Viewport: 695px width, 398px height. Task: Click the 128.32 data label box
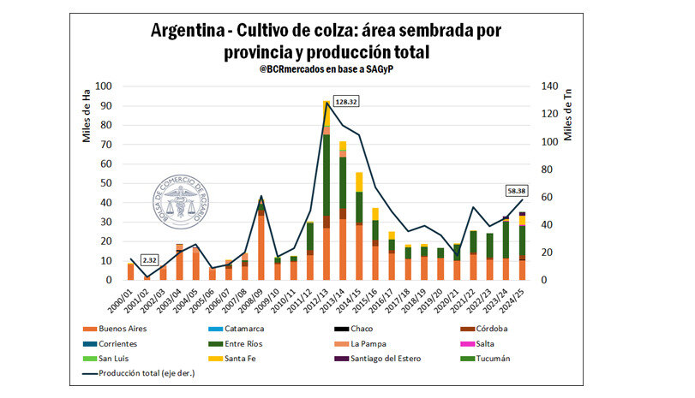tap(345, 101)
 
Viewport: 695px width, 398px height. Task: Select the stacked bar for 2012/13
tap(327, 190)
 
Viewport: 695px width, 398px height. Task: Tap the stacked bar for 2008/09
tap(261, 241)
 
